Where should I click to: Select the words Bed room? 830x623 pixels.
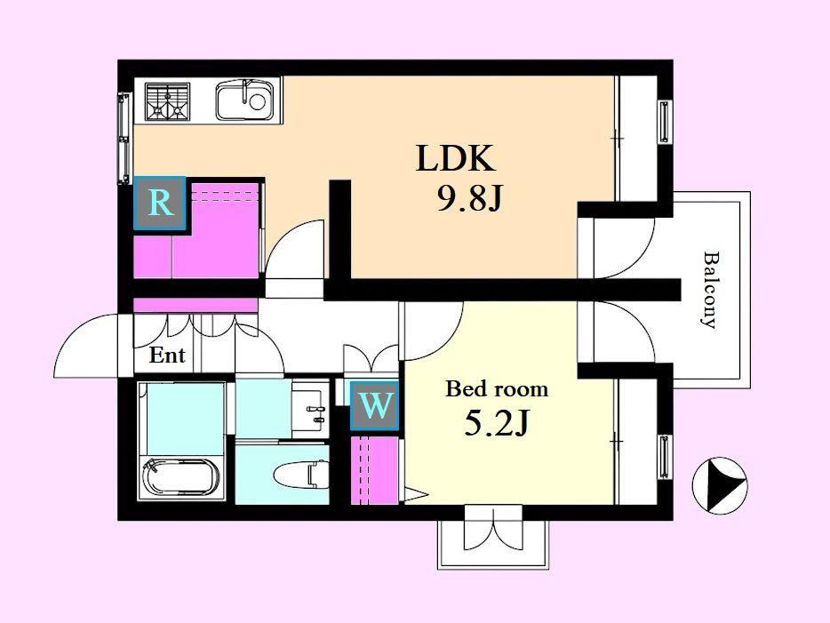point(497,389)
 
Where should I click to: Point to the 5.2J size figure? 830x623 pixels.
point(496,423)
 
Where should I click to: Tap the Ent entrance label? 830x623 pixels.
point(167,355)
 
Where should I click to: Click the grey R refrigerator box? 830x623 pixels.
point(160,204)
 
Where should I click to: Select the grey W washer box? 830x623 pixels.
point(375,405)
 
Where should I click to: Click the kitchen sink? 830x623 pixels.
point(244,100)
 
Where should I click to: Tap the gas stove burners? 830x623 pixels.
point(168,100)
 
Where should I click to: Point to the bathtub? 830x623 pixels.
point(180,477)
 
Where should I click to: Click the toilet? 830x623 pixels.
point(300,474)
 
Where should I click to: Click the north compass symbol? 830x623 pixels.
point(720,485)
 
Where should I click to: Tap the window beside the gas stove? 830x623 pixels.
point(124,138)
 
